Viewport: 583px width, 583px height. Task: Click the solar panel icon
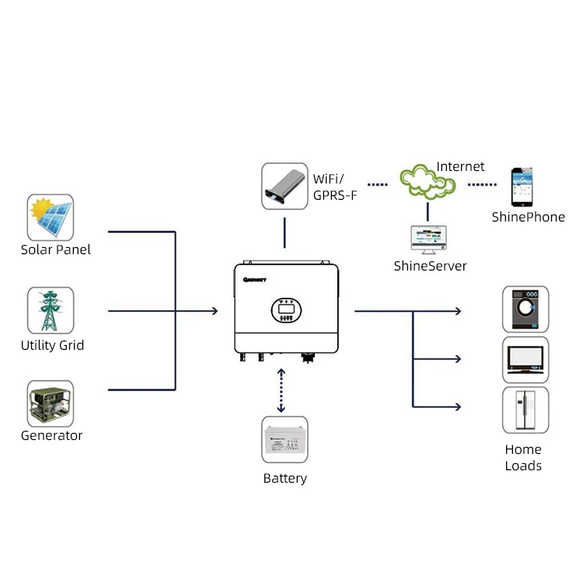click(51, 218)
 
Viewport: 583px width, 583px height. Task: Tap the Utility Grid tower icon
click(51, 311)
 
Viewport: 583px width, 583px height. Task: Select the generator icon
click(51, 403)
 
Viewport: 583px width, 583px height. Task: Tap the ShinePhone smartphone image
click(522, 187)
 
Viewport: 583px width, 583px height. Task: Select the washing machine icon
click(525, 309)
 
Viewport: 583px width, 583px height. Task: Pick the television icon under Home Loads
click(525, 359)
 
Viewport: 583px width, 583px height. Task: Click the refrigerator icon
click(525, 410)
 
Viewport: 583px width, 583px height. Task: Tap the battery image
click(285, 442)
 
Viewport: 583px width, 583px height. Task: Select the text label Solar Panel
click(55, 250)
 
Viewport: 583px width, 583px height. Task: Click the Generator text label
click(51, 435)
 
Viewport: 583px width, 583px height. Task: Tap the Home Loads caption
click(523, 458)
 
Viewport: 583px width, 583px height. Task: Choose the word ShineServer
click(430, 266)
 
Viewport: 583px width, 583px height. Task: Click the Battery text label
click(285, 479)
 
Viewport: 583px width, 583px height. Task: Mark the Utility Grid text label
click(52, 345)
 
